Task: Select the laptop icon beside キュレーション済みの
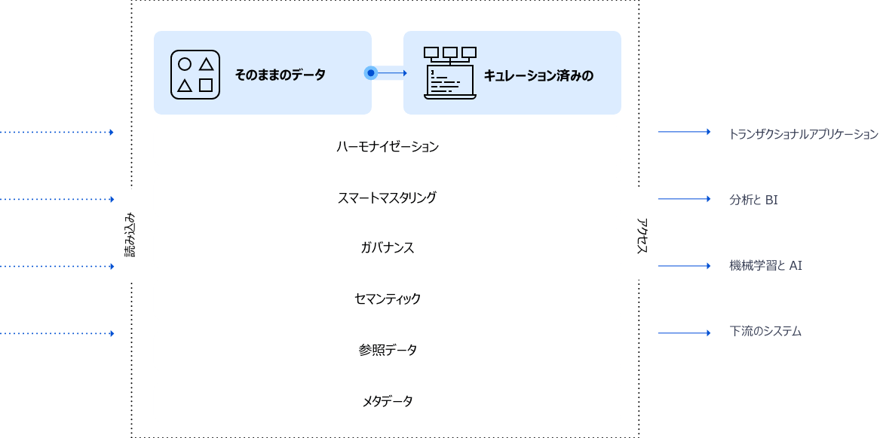point(450,73)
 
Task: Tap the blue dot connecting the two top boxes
point(370,73)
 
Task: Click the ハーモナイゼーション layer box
point(387,146)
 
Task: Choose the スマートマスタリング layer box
point(387,198)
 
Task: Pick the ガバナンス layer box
point(387,248)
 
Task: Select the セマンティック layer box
point(387,299)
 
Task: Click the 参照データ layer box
point(387,351)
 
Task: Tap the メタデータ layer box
point(387,402)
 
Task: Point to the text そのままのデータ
point(280,75)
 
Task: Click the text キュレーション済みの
point(538,75)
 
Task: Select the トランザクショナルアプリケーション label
point(803,134)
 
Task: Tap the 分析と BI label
point(753,200)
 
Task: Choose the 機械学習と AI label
point(765,265)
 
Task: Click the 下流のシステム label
point(765,332)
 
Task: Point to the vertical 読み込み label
point(130,235)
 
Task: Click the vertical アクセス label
point(642,235)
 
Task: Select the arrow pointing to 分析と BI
point(684,199)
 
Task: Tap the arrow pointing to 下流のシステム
point(684,332)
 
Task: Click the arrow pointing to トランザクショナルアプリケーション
point(684,132)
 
